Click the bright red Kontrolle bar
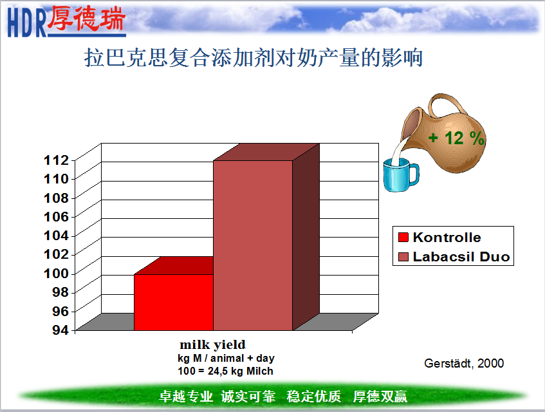click(174, 302)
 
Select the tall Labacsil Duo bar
click(253, 245)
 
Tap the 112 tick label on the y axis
click(57, 160)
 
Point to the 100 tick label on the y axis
click(57, 274)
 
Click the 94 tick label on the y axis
click(60, 330)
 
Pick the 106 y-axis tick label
click(57, 216)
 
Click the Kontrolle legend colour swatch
click(403, 237)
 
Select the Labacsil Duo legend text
click(461, 257)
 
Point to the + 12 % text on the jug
click(456, 138)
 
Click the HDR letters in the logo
click(27, 23)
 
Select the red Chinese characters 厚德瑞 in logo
click(86, 18)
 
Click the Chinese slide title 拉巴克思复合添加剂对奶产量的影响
click(254, 57)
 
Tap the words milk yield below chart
click(213, 344)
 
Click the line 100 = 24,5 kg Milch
click(225, 371)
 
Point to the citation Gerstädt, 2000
click(464, 363)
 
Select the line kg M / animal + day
click(226, 358)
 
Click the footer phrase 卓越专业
click(186, 397)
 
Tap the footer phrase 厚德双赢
click(380, 397)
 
